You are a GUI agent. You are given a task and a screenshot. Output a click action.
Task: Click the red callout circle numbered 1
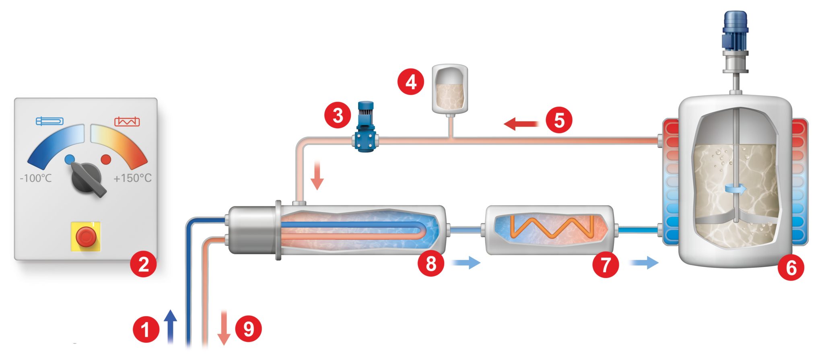click(x=146, y=329)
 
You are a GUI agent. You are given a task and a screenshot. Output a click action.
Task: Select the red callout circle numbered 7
click(x=606, y=264)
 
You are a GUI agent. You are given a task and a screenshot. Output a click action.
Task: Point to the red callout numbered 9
click(x=249, y=329)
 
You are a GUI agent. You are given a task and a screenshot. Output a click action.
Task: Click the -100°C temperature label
click(x=36, y=178)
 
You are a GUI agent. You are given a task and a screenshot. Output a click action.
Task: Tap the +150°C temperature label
click(x=132, y=178)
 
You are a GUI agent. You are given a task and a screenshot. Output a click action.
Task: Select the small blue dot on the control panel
click(x=70, y=159)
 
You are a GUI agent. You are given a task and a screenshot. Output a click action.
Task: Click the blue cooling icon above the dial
click(x=49, y=121)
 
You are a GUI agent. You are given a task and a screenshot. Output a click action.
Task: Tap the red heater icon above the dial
click(x=127, y=121)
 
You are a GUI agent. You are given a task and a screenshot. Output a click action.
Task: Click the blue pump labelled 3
click(x=366, y=129)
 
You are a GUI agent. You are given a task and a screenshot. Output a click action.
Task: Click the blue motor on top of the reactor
click(x=735, y=30)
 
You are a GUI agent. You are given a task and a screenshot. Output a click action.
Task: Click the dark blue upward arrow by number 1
click(x=171, y=327)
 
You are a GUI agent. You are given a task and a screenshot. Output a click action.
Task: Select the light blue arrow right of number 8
click(x=466, y=263)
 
